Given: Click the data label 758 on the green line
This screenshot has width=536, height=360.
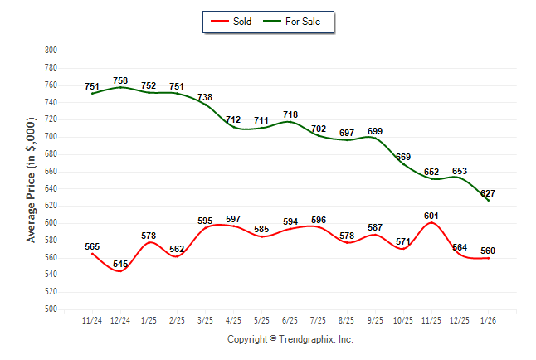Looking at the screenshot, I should tap(121, 80).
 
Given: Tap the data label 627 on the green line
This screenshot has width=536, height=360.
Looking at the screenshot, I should tap(488, 193).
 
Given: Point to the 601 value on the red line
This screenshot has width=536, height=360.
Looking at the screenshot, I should tap(431, 216).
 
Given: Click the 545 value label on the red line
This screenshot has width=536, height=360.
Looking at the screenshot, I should tap(121, 265).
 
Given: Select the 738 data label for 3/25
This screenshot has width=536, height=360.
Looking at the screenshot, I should tap(204, 97).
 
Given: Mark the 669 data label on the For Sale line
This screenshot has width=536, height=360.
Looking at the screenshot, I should tap(403, 157).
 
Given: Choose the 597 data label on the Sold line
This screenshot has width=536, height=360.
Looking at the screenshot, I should tap(233, 219).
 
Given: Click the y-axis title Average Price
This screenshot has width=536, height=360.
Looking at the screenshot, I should tap(32, 180).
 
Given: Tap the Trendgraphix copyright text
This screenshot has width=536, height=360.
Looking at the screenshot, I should tap(290, 339).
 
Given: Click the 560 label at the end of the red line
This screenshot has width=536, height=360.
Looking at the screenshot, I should tap(488, 251).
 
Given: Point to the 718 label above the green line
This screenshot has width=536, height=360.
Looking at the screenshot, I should tap(290, 114).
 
